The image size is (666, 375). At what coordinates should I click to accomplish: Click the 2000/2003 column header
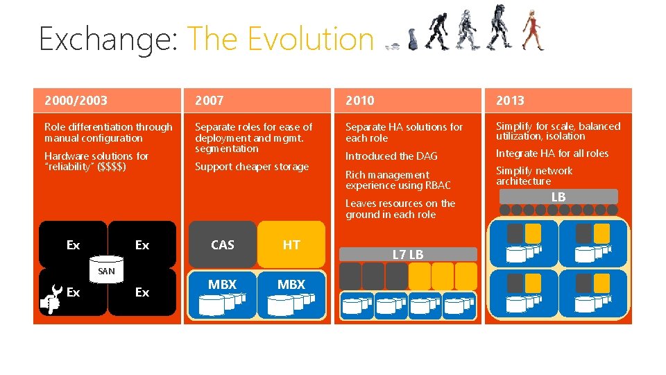[76, 101]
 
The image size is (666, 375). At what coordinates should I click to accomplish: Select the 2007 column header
[210, 101]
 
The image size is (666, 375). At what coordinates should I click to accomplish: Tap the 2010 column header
[360, 101]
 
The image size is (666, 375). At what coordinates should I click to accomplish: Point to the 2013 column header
[510, 101]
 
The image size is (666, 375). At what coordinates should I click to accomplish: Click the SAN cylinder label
[106, 272]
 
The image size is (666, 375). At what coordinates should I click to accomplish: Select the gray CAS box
[222, 244]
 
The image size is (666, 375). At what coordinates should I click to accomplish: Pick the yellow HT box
[291, 244]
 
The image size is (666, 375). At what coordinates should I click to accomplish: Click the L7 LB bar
[408, 254]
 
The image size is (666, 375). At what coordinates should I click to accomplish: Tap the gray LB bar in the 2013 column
[558, 197]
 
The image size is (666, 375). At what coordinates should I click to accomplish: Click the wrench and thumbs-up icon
[51, 294]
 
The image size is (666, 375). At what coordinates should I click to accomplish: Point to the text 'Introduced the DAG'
[391, 156]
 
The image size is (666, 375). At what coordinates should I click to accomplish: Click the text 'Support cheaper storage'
[252, 167]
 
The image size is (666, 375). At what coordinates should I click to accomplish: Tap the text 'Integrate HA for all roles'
[552, 153]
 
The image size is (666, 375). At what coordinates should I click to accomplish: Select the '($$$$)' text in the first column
[112, 167]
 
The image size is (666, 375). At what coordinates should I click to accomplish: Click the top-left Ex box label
[73, 245]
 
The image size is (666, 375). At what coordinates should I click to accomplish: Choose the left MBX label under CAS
[222, 285]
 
